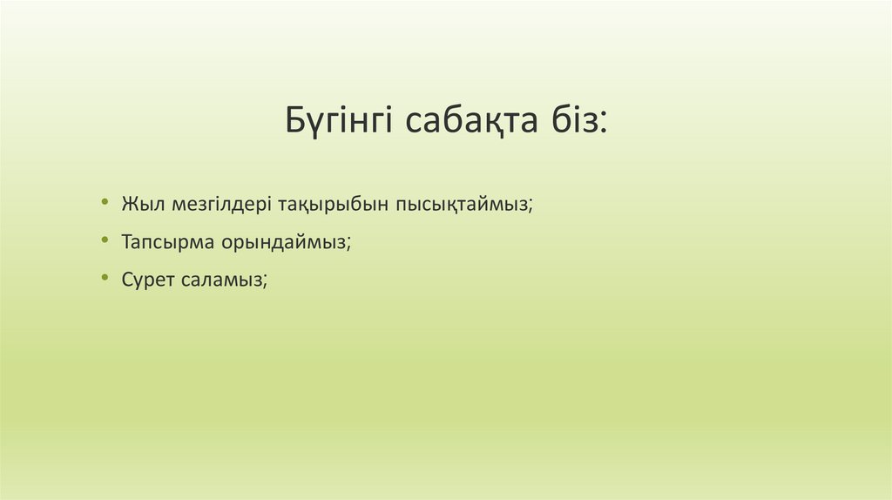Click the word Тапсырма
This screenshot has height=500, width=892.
[166, 243]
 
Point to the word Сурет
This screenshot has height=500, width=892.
[150, 280]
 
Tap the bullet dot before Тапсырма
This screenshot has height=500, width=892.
[105, 240]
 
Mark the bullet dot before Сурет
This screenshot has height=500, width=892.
[105, 278]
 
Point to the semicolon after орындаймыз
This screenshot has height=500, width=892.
[348, 245]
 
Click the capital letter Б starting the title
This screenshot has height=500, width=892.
[294, 120]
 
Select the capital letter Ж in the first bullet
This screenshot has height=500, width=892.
[130, 205]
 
